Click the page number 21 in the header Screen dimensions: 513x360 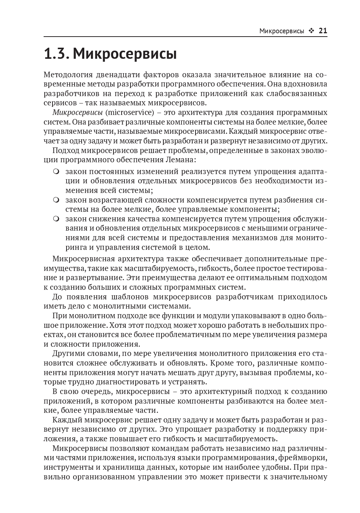point(323,31)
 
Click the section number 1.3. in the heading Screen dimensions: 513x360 point(56,54)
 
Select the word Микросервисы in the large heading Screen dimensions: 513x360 point(125,54)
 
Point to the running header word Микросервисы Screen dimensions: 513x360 point(282,31)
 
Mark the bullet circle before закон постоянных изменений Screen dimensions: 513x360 point(56,171)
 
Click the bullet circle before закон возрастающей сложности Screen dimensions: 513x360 point(56,200)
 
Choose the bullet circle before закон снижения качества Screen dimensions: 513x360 point(56,219)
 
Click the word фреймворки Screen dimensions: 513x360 point(306,458)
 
